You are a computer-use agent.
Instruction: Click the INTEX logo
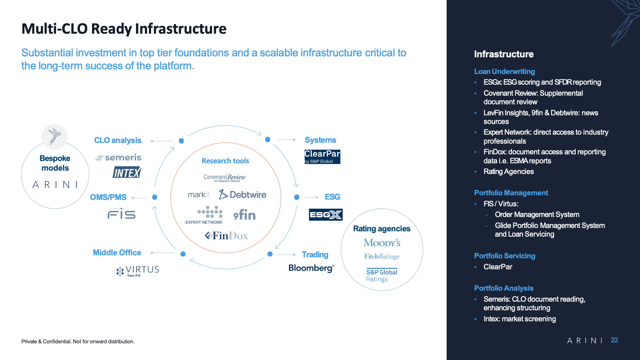(x=127, y=172)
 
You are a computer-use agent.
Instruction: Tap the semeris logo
(x=118, y=157)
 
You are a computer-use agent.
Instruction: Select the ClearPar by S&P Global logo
(x=322, y=157)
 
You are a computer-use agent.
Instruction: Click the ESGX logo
(x=326, y=215)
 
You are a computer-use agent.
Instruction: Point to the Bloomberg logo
(x=311, y=268)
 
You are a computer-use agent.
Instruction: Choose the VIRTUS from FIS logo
(x=138, y=271)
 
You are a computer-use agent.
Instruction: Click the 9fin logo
(x=244, y=215)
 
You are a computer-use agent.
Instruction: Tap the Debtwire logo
(x=242, y=194)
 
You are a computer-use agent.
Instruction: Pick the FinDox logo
(x=227, y=236)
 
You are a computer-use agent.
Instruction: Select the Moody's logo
(x=382, y=243)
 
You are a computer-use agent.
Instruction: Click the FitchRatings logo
(x=382, y=256)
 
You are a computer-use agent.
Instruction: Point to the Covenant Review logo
(x=225, y=178)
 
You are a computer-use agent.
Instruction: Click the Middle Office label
(x=117, y=253)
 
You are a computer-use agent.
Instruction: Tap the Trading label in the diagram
(x=315, y=255)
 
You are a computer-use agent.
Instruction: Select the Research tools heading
(x=225, y=161)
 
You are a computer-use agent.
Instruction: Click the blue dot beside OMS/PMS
(x=155, y=197)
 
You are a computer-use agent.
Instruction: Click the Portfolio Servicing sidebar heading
(x=505, y=256)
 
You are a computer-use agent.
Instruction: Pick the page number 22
(x=614, y=340)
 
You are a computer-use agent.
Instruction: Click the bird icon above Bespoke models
(x=55, y=137)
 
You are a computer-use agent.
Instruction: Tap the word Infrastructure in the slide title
(x=181, y=29)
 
